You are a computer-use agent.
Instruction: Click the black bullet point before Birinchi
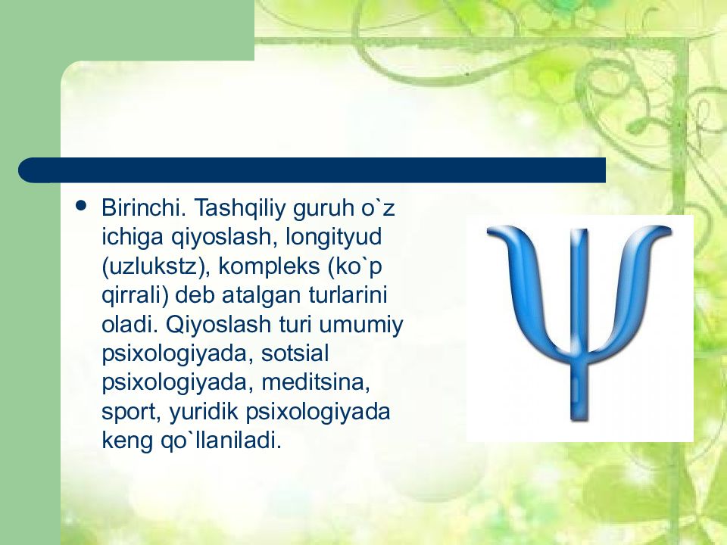[81, 205]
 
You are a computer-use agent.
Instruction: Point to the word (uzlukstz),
[156, 267]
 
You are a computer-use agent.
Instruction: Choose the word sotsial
[295, 353]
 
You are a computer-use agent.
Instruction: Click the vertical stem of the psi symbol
[579, 325]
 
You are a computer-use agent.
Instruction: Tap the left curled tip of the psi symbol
[495, 231]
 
